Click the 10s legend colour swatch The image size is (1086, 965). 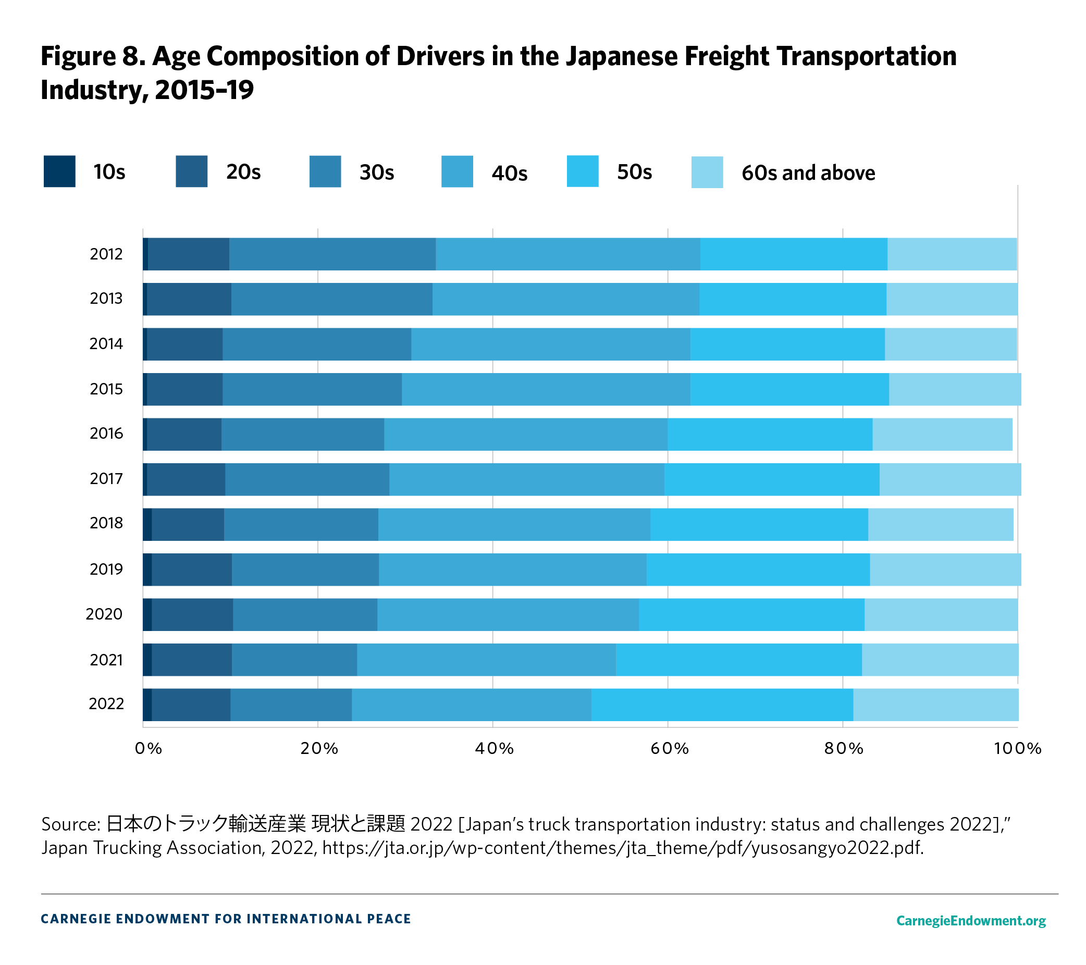click(59, 171)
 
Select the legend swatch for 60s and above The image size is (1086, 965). click(707, 172)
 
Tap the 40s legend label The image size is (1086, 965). click(509, 173)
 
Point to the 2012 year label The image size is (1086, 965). click(106, 254)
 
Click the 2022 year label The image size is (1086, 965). click(106, 703)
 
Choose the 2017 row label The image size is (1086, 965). click(106, 479)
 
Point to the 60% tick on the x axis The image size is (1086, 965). click(669, 748)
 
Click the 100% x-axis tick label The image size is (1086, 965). click(1017, 748)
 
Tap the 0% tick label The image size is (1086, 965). click(148, 748)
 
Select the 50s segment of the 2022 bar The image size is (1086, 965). click(722, 704)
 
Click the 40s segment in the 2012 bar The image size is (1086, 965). click(567, 254)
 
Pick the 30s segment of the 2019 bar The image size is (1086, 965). click(305, 569)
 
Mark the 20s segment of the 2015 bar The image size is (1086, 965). click(184, 389)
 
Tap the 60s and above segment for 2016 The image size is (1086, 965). click(942, 434)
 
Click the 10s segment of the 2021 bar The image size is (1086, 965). click(147, 660)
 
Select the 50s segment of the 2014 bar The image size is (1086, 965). click(787, 344)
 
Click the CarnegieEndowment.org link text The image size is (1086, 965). click(970, 920)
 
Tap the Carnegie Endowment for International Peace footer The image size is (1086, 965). click(226, 919)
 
